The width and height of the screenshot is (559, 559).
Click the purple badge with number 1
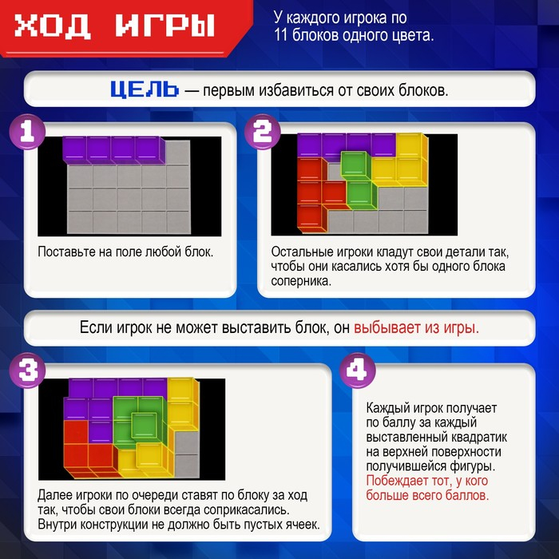[x=26, y=133]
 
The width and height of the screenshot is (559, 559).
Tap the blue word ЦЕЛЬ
[x=144, y=89]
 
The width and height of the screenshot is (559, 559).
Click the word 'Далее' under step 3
[x=55, y=496]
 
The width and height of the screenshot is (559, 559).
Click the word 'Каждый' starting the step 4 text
[x=388, y=406]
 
